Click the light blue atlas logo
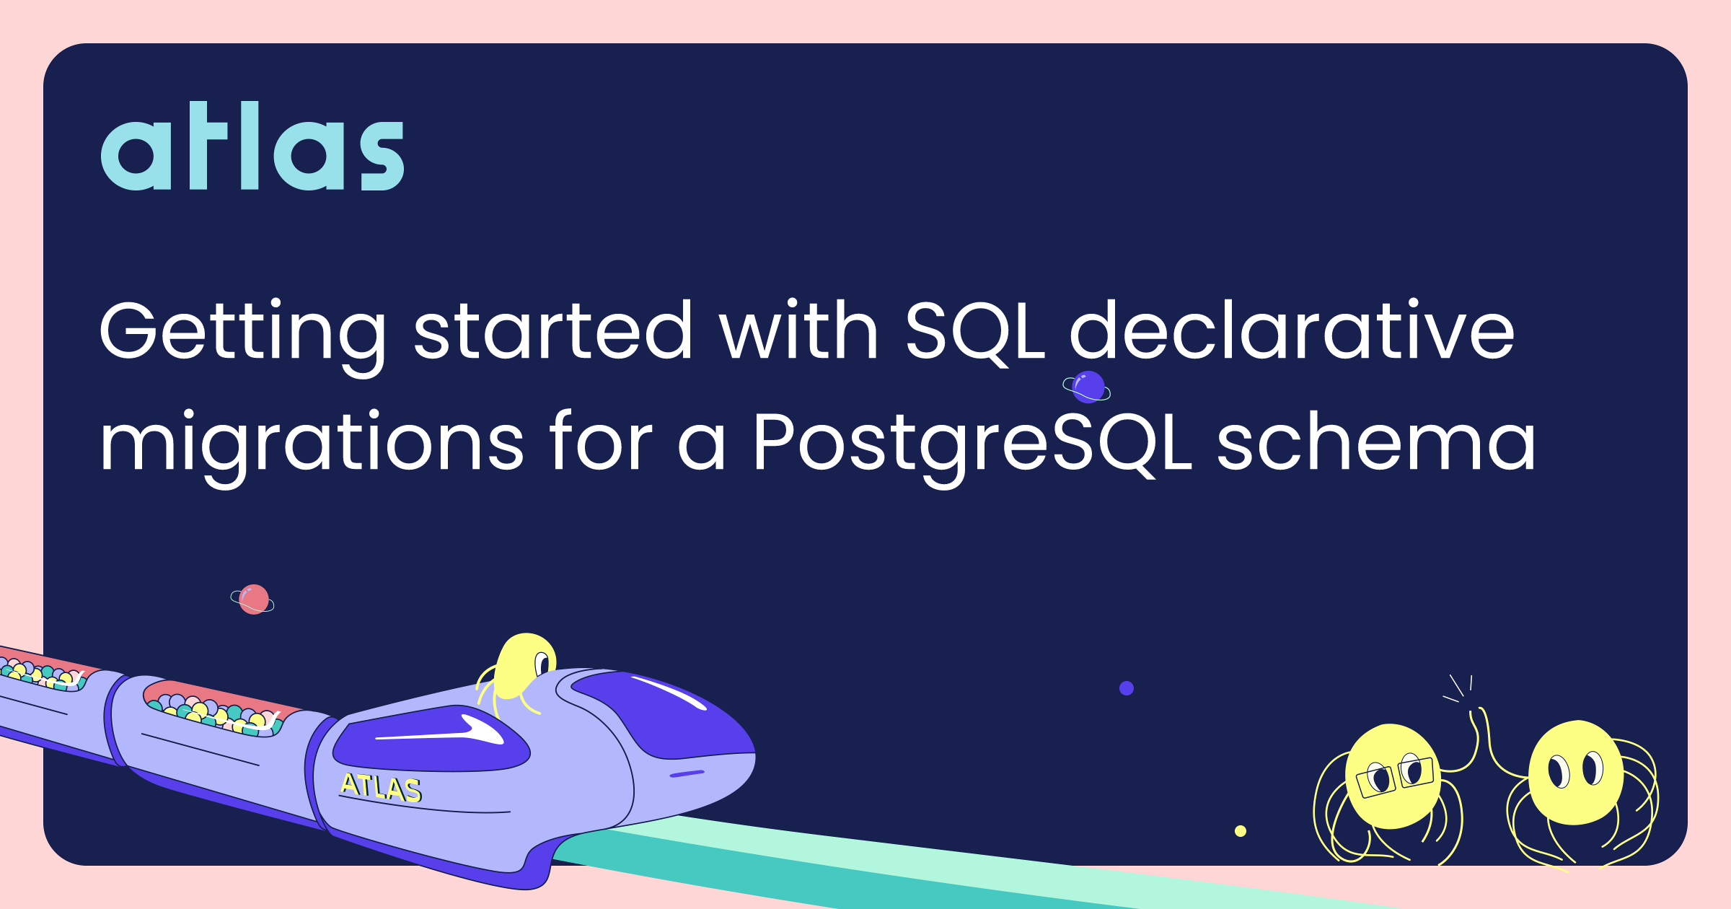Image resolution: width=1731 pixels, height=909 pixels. tap(252, 146)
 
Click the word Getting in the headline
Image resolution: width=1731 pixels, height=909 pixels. tap(243, 335)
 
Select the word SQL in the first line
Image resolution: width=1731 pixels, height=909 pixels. tap(975, 331)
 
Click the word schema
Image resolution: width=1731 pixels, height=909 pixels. tap(1377, 440)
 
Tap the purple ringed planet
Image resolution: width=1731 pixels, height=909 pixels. tap(1087, 387)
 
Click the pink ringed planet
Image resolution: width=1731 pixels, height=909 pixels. tap(253, 600)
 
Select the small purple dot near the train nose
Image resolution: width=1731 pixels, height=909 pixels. tap(1127, 688)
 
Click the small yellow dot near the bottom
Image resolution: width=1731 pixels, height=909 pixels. tap(1241, 831)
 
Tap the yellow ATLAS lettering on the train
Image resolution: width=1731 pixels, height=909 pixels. tap(381, 788)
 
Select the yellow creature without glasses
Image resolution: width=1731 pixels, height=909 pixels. tap(1576, 776)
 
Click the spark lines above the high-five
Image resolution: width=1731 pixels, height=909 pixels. tap(1458, 688)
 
